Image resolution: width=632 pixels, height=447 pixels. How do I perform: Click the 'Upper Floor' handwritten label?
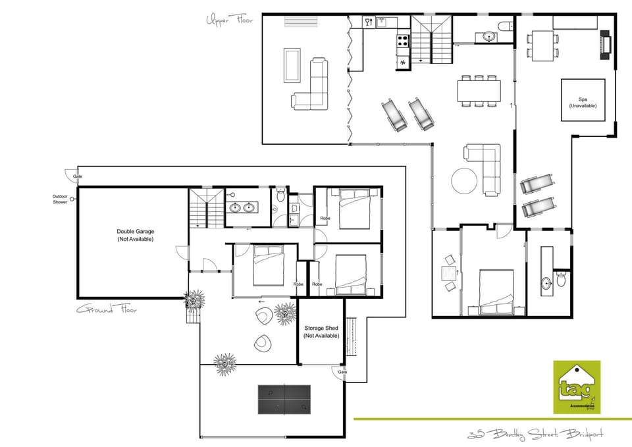[230, 20]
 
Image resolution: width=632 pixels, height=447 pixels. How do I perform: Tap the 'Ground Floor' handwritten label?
[107, 309]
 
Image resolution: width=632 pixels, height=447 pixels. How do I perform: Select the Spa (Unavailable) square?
[583, 100]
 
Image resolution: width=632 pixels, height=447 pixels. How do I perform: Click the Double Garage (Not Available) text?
[134, 235]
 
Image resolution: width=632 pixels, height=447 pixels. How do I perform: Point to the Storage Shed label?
[321, 331]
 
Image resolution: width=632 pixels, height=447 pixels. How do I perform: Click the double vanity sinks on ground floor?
[242, 207]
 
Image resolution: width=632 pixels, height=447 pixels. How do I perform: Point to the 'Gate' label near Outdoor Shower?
[78, 176]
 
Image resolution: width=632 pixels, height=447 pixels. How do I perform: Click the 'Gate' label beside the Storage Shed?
[342, 372]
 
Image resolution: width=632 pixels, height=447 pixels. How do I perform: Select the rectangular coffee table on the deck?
[292, 65]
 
